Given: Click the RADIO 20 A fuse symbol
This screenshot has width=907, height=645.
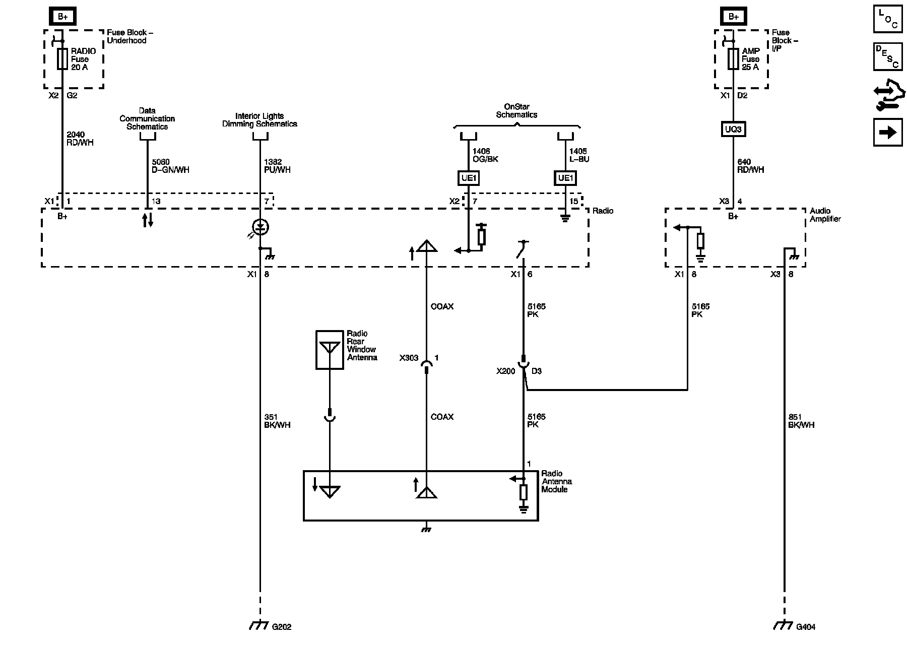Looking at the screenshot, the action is tap(62, 59).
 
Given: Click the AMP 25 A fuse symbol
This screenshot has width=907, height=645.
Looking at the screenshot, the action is tap(733, 59).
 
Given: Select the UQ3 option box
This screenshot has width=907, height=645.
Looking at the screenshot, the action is tap(733, 130).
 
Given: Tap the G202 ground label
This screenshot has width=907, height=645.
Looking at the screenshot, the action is tap(282, 627).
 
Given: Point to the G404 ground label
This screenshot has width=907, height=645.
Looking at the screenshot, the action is tap(806, 627).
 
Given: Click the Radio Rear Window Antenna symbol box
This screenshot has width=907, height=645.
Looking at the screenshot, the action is tap(330, 350).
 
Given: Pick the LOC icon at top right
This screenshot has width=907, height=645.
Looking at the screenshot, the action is tap(888, 19).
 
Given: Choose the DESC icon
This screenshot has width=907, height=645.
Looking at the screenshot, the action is tap(888, 56).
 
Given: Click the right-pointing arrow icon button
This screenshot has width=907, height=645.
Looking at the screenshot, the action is tap(888, 132).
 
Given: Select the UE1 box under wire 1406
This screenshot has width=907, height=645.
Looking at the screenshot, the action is tap(468, 178).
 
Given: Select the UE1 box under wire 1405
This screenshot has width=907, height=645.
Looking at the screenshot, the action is tap(565, 178).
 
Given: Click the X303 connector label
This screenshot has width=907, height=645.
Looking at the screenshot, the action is tap(409, 358).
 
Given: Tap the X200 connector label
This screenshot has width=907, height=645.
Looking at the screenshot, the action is tap(506, 371).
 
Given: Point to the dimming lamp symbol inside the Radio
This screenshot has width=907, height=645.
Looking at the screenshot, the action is tap(260, 227).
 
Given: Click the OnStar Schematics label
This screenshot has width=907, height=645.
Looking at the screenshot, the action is tap(516, 111).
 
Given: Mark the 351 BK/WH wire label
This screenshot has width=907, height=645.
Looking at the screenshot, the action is tap(277, 421).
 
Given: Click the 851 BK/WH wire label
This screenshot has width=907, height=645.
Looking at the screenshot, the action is tap(801, 421).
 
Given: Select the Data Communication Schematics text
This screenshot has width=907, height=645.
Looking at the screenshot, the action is tap(147, 119).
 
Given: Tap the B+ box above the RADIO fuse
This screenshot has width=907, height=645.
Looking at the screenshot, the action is tap(62, 17).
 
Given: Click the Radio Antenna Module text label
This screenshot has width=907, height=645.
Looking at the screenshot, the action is tap(557, 482).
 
